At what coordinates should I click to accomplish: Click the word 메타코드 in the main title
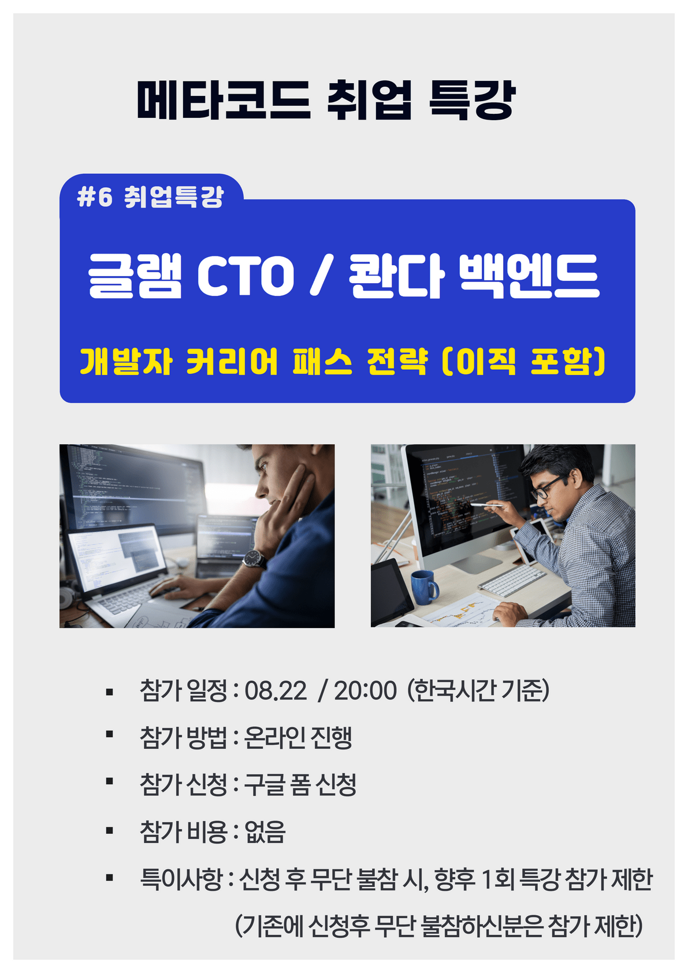224,100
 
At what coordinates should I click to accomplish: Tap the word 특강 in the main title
472,100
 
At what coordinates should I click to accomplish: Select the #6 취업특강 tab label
150,197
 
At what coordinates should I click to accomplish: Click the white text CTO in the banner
246,276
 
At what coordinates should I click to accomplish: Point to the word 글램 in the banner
135,276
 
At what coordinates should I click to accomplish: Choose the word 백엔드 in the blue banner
530,276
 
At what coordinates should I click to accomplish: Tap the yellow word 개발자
127,361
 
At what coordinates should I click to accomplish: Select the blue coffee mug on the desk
424,588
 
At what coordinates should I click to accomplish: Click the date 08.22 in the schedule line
276,690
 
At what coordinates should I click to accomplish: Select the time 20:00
365,690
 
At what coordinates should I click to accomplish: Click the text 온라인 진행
298,737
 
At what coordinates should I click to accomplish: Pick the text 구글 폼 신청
300,785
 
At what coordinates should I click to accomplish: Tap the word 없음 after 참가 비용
265,832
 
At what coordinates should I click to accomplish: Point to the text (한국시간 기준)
478,690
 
